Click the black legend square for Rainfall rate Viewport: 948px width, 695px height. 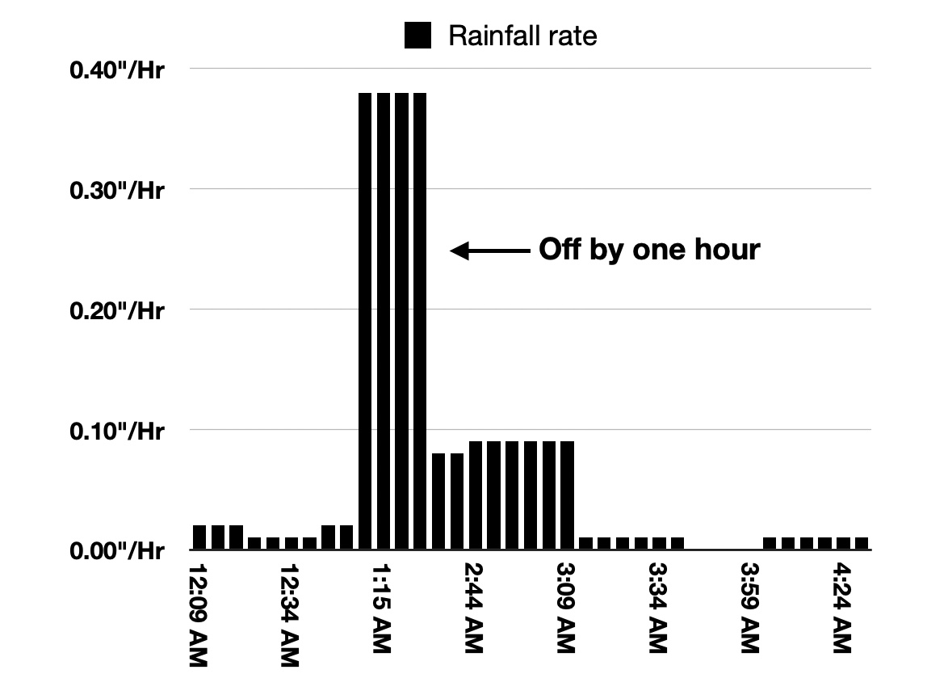(417, 36)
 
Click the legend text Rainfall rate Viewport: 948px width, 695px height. (522, 36)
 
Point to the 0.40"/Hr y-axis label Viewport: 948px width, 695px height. (117, 70)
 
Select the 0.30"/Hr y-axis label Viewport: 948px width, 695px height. (117, 191)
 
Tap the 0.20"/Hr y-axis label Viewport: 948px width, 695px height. (117, 310)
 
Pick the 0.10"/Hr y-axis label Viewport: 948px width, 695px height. (117, 431)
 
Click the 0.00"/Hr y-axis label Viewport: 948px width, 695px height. (117, 551)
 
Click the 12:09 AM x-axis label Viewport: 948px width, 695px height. (199, 614)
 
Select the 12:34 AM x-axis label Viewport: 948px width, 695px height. (291, 614)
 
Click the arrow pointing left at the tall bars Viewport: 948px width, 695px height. (488, 251)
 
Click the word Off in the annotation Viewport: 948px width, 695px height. (558, 250)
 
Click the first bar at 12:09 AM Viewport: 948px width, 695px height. (199, 538)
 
